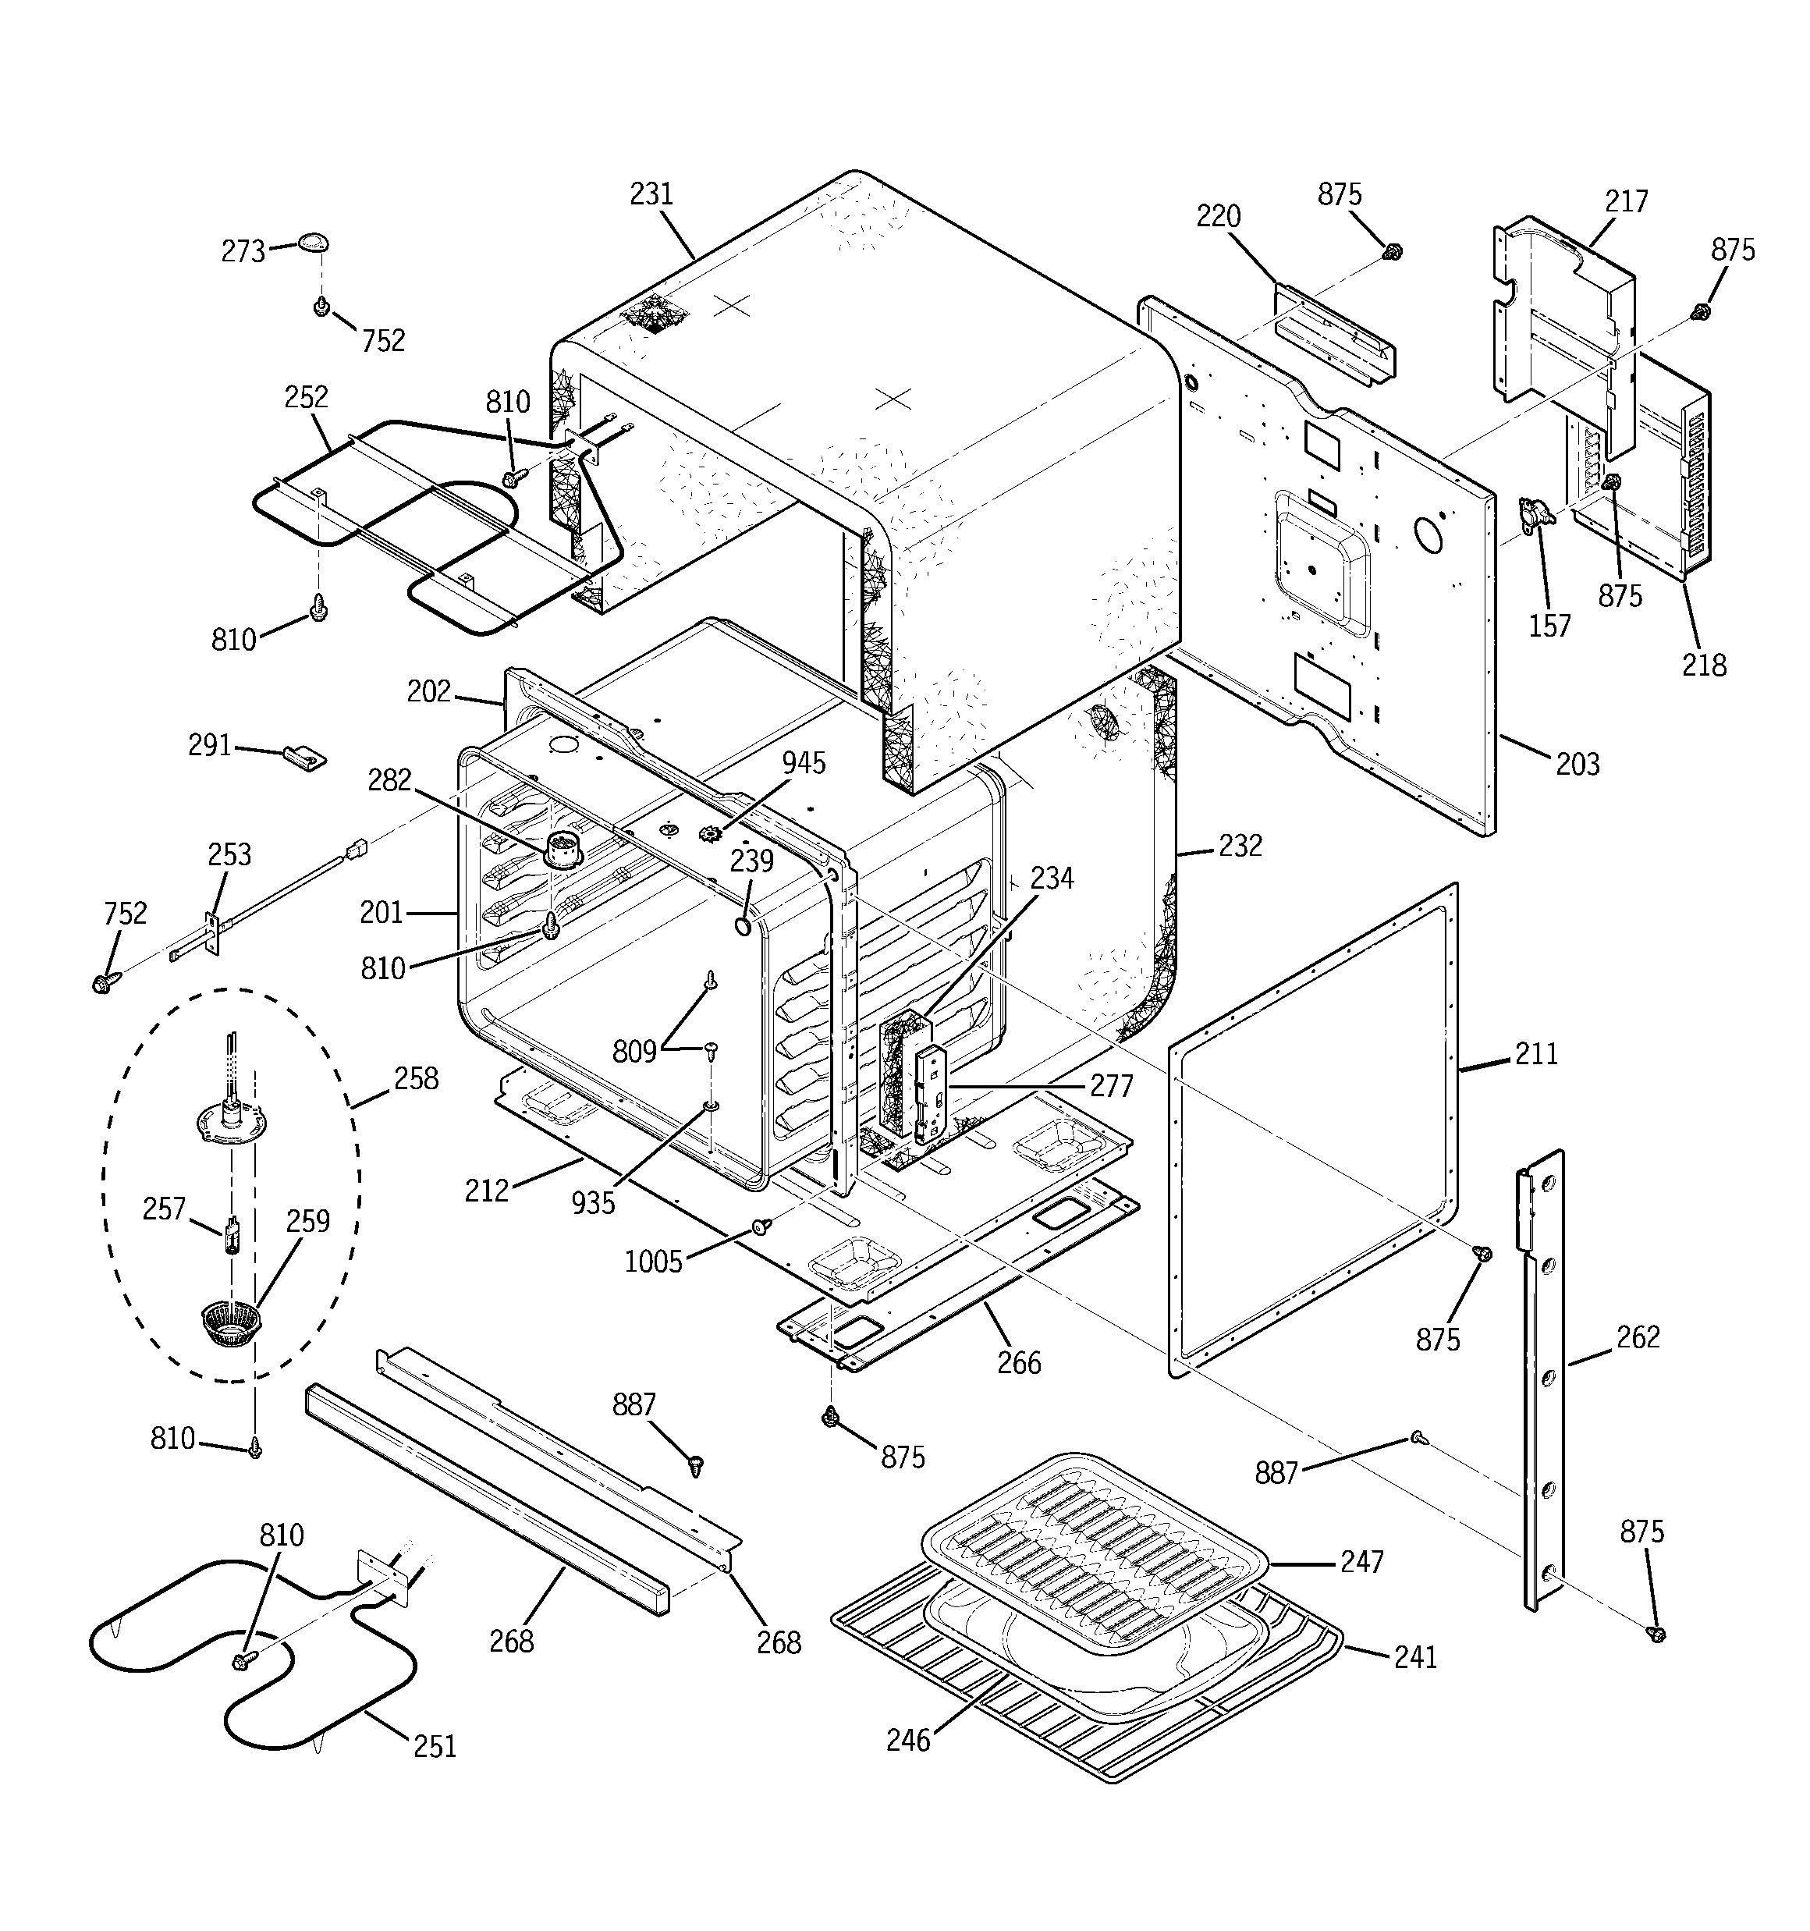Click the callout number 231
point(651,194)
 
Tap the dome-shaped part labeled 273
point(313,241)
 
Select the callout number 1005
point(653,1262)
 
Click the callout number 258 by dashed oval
point(416,1078)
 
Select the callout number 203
point(1577,765)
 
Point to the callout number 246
point(907,1740)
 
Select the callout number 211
point(1536,1053)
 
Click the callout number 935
point(593,1202)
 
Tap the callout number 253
point(229,855)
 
